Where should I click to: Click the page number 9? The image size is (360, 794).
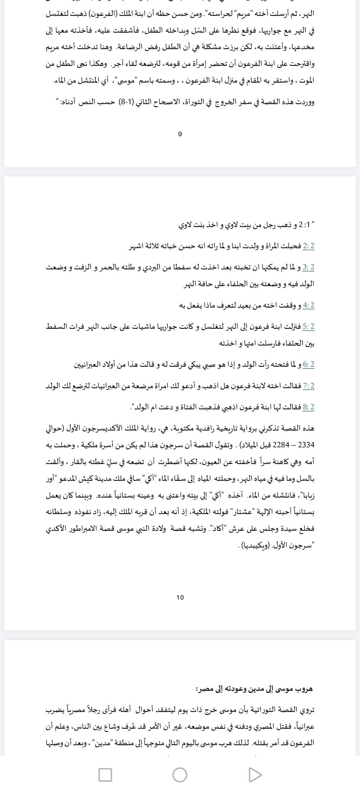coord(180,134)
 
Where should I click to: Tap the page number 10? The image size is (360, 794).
coord(180,597)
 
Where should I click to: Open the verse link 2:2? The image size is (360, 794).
coord(308,246)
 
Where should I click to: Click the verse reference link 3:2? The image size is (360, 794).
coord(308,267)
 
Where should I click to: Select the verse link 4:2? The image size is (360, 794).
coord(308,306)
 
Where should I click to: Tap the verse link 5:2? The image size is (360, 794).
coord(308,326)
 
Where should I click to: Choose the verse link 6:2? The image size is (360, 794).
coord(308,365)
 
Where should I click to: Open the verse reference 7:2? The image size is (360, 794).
coord(308,386)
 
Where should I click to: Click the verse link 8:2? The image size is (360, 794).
coord(308,407)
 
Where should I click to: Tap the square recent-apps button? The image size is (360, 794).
coord(105,775)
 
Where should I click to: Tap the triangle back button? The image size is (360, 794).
coord(255,775)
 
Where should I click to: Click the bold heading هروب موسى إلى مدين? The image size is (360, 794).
coord(254,689)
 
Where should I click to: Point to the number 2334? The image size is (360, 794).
coord(306,445)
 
